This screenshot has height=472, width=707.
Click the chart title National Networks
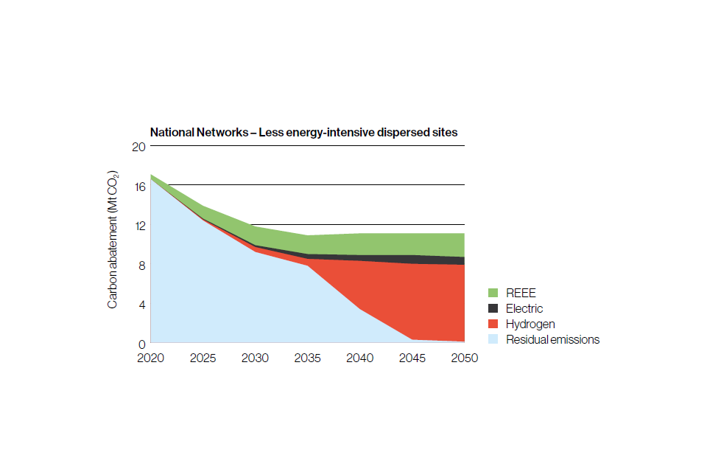(303, 133)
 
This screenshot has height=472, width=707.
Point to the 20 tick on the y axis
(138, 146)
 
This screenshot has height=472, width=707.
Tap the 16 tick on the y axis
(138, 185)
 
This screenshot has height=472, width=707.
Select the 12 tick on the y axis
(138, 225)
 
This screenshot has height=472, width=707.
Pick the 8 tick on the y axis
(141, 265)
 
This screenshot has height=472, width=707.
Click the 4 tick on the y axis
(141, 304)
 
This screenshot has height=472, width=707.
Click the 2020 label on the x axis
(150, 358)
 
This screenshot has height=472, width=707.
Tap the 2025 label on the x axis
(203, 358)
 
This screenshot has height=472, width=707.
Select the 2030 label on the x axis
(255, 358)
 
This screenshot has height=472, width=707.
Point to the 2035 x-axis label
(307, 358)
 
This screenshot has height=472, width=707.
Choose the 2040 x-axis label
(359, 358)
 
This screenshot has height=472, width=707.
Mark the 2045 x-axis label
(412, 358)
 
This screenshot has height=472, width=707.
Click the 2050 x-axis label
(464, 358)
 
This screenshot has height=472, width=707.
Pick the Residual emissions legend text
(552, 339)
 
